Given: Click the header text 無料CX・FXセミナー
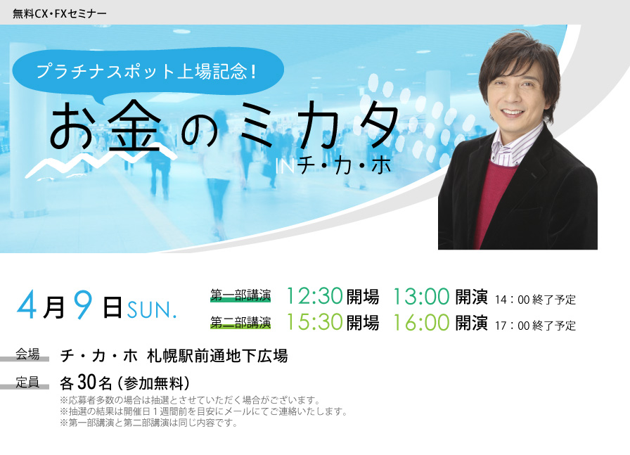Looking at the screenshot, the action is [60, 13].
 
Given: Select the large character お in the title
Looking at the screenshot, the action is [74, 125].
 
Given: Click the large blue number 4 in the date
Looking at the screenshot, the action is [27, 305].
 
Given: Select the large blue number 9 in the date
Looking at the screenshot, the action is [83, 305].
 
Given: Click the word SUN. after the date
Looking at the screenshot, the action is [152, 310].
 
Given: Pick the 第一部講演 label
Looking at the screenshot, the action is [240, 295].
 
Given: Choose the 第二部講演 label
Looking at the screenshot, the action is [240, 322].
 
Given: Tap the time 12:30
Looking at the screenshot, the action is [314, 296].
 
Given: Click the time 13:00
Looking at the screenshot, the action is [420, 296].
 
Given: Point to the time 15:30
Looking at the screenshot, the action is [314, 322].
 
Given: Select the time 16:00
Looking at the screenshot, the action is [420, 322].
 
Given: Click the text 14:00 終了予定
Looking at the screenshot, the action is [535, 300].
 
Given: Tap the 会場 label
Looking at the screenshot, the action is [27, 354].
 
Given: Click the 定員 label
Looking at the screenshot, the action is [27, 382].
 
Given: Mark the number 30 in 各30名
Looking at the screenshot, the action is [86, 383].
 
